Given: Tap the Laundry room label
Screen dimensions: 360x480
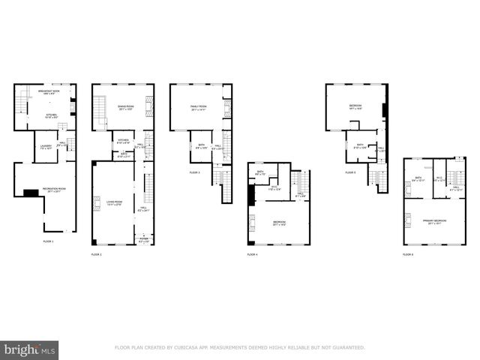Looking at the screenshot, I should tap(44, 146).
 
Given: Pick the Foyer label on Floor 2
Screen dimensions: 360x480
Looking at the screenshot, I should tap(144, 240).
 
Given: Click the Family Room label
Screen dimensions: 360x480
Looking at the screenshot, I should tap(198, 107).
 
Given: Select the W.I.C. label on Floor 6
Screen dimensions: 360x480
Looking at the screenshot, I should tap(439, 178).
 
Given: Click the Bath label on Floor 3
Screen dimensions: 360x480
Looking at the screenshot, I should tap(201, 145).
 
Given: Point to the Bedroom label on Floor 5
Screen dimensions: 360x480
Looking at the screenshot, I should tap(355, 106).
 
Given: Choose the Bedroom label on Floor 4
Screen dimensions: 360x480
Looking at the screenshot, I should tap(279, 222).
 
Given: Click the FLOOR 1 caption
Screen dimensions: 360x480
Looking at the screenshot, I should tap(48, 241).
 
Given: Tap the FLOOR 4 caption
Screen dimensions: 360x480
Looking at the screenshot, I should tap(252, 255).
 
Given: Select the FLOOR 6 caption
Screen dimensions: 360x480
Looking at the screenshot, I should tap(408, 255).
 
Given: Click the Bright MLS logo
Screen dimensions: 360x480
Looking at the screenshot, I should tap(30, 350).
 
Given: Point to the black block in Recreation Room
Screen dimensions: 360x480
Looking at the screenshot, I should tap(31, 193).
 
